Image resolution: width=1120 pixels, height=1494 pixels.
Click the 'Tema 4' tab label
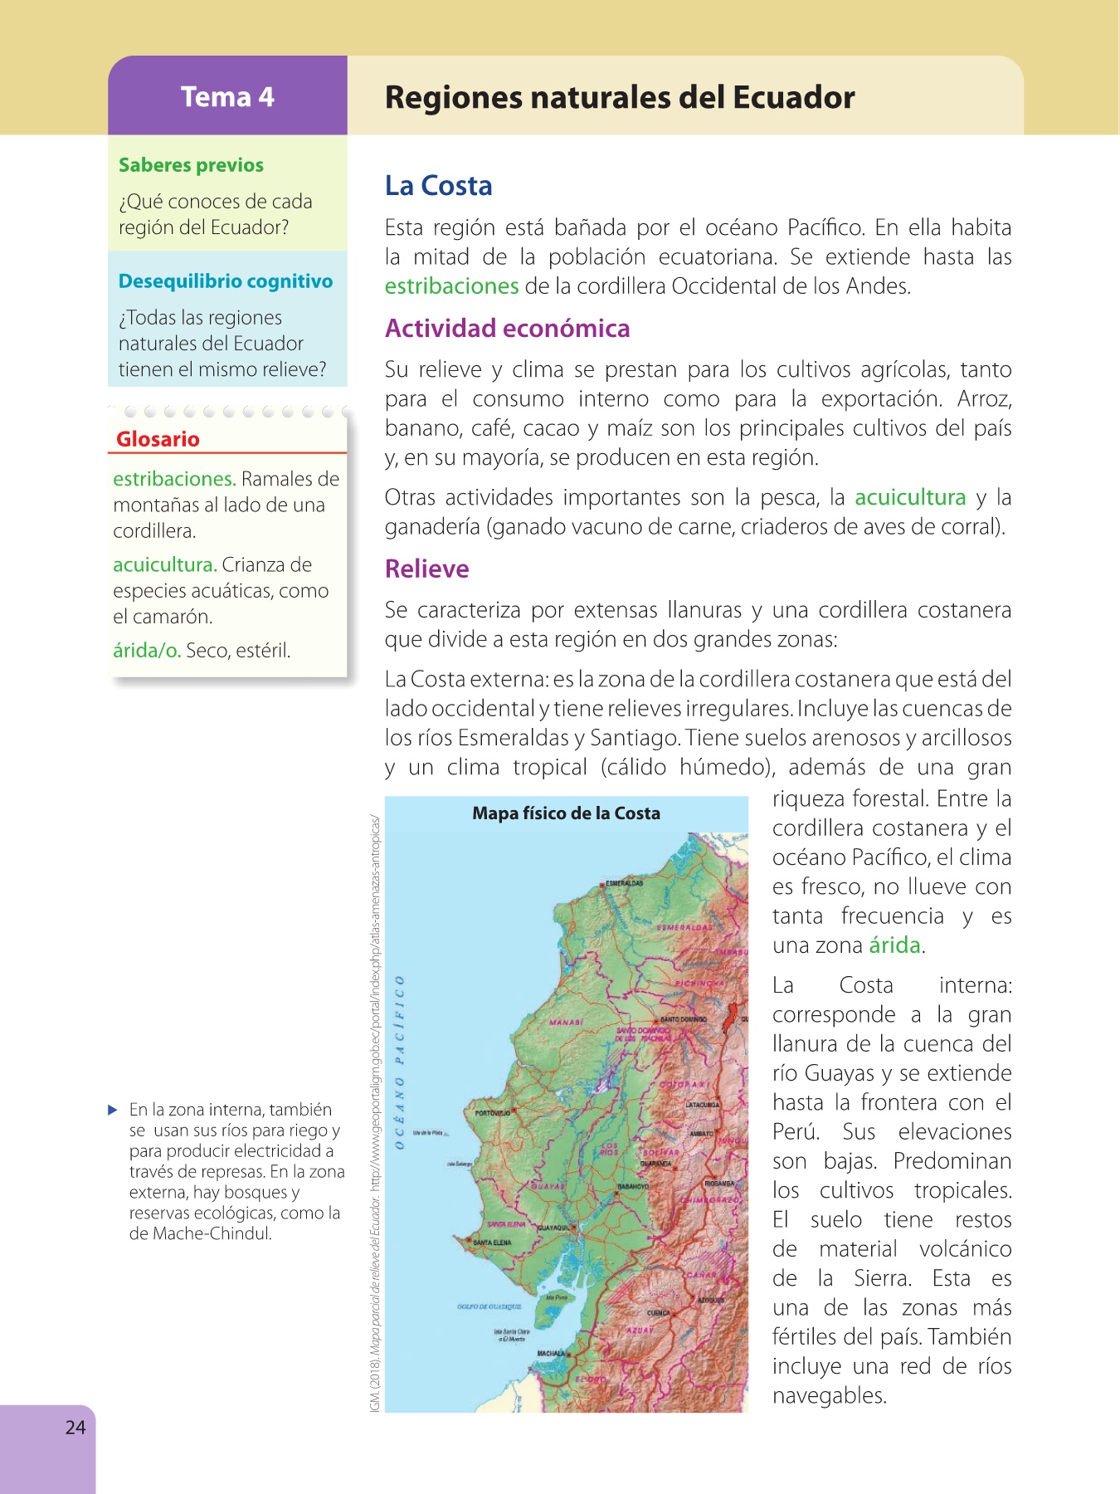[227, 97]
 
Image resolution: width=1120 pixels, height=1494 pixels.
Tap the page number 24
[75, 1427]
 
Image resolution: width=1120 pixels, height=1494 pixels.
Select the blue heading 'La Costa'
[438, 185]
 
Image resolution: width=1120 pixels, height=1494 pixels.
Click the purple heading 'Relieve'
[426, 569]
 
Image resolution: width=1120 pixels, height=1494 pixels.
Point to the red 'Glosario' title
[158, 439]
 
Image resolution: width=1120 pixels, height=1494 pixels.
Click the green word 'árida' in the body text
[894, 945]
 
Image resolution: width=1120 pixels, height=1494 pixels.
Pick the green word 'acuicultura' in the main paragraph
[910, 497]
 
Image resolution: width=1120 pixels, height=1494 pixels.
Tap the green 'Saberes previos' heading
[191, 165]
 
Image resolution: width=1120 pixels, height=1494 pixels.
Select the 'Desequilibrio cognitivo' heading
[225, 281]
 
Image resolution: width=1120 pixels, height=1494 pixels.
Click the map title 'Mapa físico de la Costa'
[566, 813]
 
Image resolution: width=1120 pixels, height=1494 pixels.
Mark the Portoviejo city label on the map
[493, 1113]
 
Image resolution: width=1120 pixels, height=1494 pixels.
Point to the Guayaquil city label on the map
[553, 1227]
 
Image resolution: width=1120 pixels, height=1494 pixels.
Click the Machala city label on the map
[550, 1354]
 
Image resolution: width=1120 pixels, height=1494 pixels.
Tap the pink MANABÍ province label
[566, 1022]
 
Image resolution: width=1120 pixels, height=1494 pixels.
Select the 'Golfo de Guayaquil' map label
[489, 1306]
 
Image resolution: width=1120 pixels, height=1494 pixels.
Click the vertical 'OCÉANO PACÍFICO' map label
[400, 1062]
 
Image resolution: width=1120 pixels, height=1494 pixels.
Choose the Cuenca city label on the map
[658, 1313]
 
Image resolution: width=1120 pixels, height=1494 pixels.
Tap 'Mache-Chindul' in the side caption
[213, 1233]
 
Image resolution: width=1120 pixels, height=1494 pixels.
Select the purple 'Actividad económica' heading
[507, 329]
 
